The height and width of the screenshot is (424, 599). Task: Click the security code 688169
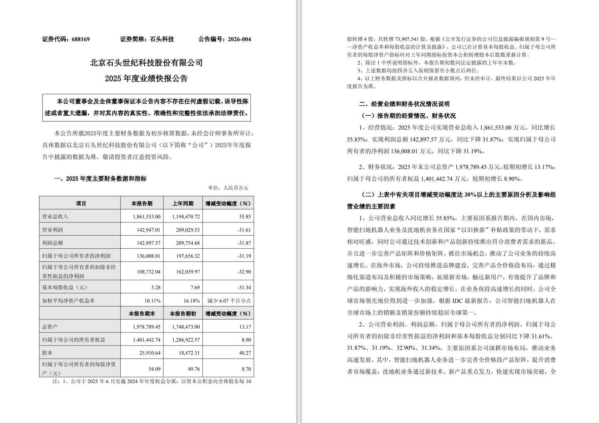pyautogui.click(x=81, y=39)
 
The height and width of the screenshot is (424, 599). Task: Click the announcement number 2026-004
pyautogui.click(x=238, y=39)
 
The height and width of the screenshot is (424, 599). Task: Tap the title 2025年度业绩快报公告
pyautogui.click(x=146, y=78)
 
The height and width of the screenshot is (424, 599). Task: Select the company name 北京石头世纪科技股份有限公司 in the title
pyautogui.click(x=146, y=63)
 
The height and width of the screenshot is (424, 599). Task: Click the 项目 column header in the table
pyautogui.click(x=81, y=204)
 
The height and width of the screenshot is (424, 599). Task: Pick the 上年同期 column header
pyautogui.click(x=183, y=204)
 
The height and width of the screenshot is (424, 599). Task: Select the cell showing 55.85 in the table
pyautogui.click(x=245, y=217)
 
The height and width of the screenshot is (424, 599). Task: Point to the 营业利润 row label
pyautogui.click(x=52, y=230)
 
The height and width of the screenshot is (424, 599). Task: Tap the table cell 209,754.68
pyautogui.click(x=186, y=243)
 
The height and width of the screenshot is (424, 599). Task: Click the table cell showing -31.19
pyautogui.click(x=243, y=256)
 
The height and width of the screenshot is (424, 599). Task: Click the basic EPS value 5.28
pyautogui.click(x=155, y=287)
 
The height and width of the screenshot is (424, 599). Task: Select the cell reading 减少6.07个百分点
pyautogui.click(x=229, y=300)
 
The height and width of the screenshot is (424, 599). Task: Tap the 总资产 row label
pyautogui.click(x=50, y=327)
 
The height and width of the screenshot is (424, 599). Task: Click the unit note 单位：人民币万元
pyautogui.click(x=228, y=188)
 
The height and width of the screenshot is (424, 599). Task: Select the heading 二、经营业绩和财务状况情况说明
pyautogui.click(x=404, y=104)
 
